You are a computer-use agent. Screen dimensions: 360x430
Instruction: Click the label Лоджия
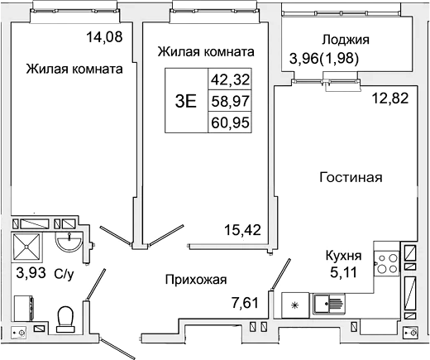click(346, 39)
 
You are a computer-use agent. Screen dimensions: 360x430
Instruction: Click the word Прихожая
click(195, 280)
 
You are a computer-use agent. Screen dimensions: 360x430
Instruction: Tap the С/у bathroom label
click(63, 271)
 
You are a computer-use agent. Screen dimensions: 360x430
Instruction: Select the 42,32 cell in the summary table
click(231, 81)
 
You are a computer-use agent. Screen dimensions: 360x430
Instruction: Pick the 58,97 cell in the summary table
click(231, 102)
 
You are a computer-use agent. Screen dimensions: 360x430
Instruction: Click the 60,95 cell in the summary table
click(231, 122)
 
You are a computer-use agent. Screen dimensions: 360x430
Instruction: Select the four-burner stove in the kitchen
click(385, 262)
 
